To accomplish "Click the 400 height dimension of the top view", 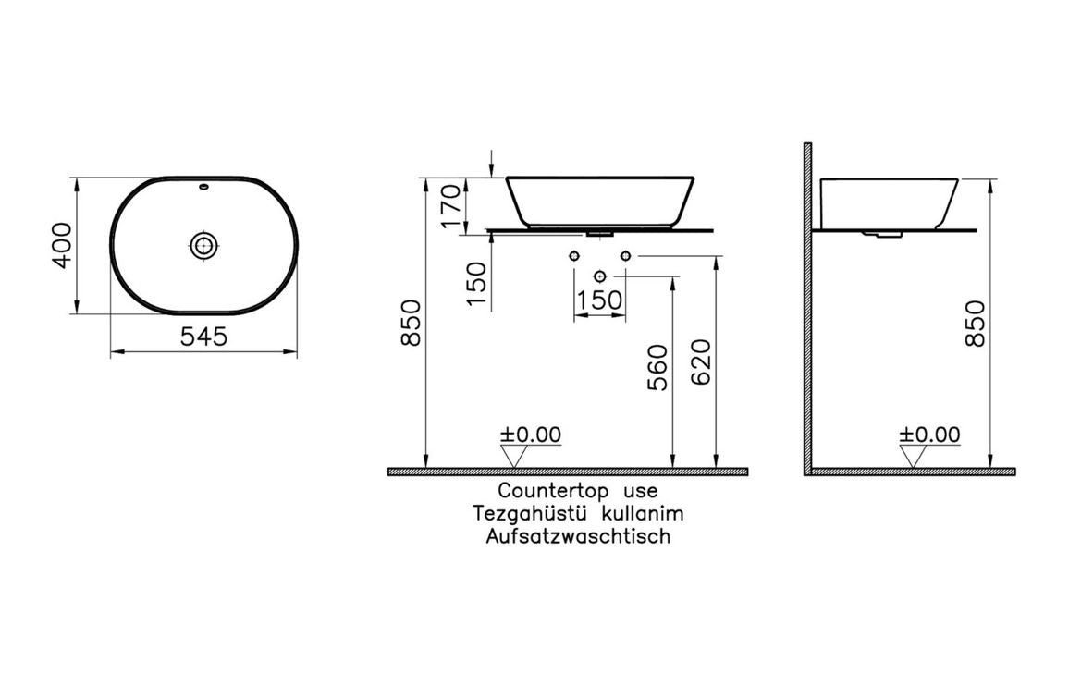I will [61, 245].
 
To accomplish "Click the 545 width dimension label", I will [203, 337].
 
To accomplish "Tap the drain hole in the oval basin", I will [203, 245].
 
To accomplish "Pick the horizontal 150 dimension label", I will [599, 301].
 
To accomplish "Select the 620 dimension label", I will [700, 362].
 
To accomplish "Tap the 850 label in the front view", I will [412, 324].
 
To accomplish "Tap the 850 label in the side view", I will [974, 324].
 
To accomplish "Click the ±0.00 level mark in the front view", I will [531, 435].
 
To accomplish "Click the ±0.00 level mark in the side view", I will [930, 435].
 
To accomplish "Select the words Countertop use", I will [578, 491].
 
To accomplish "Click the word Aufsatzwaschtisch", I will [578, 536].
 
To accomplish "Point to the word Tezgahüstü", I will [528, 513].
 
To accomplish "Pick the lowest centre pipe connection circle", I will [600, 276].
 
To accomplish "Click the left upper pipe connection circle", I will [575, 255].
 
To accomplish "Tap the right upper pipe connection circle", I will [626, 255].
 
